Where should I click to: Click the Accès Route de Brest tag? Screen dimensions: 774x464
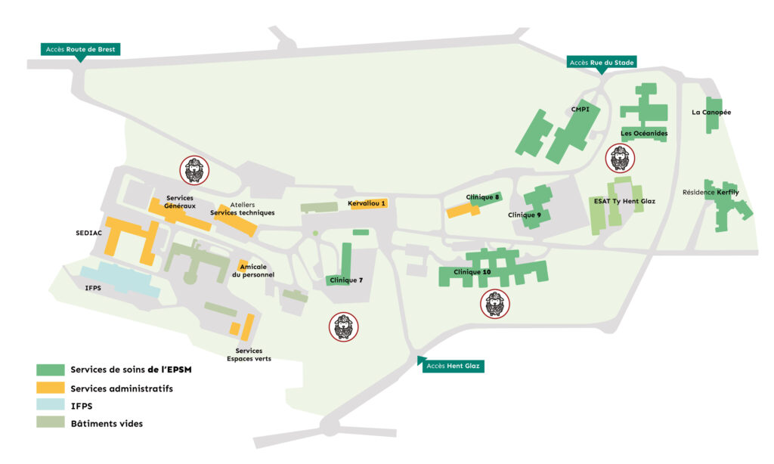80,49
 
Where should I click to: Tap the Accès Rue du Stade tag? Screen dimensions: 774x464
601,62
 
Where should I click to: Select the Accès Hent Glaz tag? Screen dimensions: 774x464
453,366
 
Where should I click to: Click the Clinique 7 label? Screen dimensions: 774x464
346,280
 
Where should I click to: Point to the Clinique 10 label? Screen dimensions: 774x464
472,272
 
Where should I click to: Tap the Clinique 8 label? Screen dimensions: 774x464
482,197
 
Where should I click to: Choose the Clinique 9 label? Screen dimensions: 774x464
525,215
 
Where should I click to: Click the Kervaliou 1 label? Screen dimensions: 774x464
367,203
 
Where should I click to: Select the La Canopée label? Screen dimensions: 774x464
711,113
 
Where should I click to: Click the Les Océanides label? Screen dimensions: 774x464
644,133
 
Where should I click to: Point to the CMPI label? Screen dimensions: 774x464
580,109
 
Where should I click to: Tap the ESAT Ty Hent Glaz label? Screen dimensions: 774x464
624,201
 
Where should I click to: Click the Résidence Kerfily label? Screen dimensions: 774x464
711,192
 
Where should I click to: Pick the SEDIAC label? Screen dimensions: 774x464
89,233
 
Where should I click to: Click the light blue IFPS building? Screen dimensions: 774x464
121,280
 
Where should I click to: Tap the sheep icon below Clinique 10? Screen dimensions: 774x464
494,304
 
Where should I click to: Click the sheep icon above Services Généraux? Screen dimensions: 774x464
194,170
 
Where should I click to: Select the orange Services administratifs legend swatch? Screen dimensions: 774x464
51,388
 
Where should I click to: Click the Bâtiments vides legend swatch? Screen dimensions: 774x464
51,422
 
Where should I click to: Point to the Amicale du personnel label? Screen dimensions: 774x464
252,271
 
